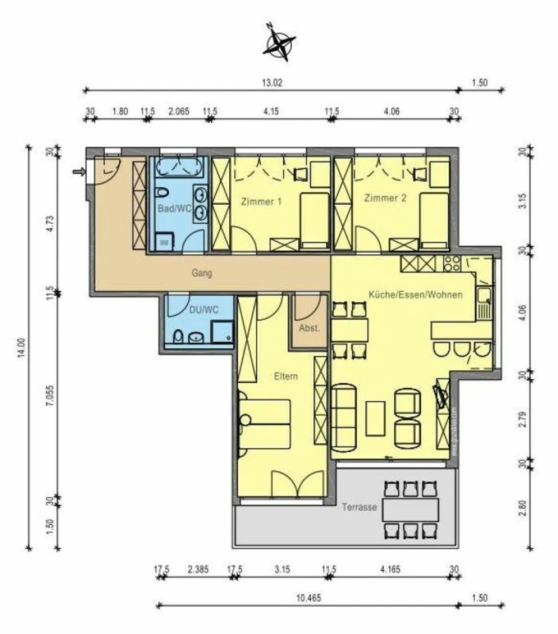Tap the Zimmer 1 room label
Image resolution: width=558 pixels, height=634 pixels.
(261, 202)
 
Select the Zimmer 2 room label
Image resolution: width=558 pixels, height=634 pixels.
(385, 198)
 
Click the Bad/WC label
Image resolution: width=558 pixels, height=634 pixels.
(174, 208)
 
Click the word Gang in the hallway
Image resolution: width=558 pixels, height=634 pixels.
(202, 273)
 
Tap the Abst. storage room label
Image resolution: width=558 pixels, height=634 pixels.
(309, 328)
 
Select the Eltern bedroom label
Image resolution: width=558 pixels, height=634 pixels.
(286, 376)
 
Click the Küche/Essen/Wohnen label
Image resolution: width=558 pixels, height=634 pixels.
(415, 295)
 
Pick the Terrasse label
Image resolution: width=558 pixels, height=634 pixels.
(359, 507)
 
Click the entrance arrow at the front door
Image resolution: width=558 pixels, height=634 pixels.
(79, 172)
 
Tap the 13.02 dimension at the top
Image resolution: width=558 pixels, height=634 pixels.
(272, 83)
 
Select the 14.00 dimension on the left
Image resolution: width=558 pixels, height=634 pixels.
(21, 348)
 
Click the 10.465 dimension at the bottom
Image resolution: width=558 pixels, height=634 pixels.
(308, 598)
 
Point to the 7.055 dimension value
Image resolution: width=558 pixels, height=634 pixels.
(50, 395)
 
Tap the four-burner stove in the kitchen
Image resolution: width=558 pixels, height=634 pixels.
(452, 264)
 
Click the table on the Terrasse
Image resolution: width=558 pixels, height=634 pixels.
(410, 510)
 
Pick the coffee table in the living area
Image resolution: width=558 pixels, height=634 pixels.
(375, 419)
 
